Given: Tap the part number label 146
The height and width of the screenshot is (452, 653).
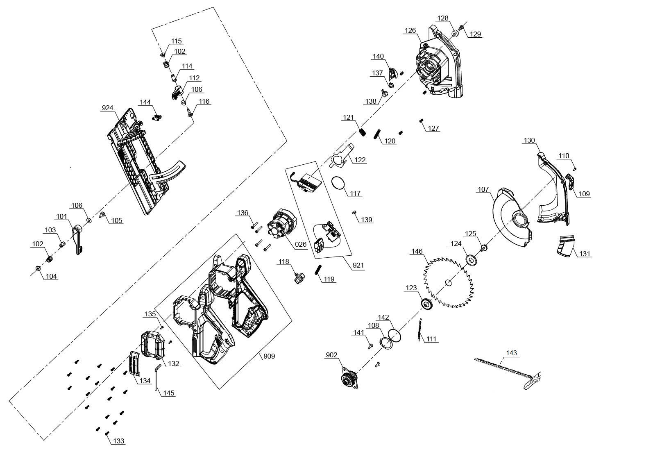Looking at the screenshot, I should tap(417, 252).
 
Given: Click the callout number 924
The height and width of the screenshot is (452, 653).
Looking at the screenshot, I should tap(107, 108).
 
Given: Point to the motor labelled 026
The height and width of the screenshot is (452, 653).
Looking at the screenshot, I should tap(281, 225).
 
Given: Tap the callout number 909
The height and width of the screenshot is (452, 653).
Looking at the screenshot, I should tap(269, 356).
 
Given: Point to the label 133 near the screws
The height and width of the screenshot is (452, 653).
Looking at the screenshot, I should tap(119, 441).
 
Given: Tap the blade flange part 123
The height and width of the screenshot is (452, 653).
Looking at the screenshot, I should tap(427, 305).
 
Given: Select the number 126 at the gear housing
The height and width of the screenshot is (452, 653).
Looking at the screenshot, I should tap(410, 30).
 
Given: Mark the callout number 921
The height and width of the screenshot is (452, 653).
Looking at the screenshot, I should tap(358, 265).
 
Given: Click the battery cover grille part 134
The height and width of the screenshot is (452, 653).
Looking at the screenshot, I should tap(134, 363).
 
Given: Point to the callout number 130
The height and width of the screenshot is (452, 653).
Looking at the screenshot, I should tap(529, 141).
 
